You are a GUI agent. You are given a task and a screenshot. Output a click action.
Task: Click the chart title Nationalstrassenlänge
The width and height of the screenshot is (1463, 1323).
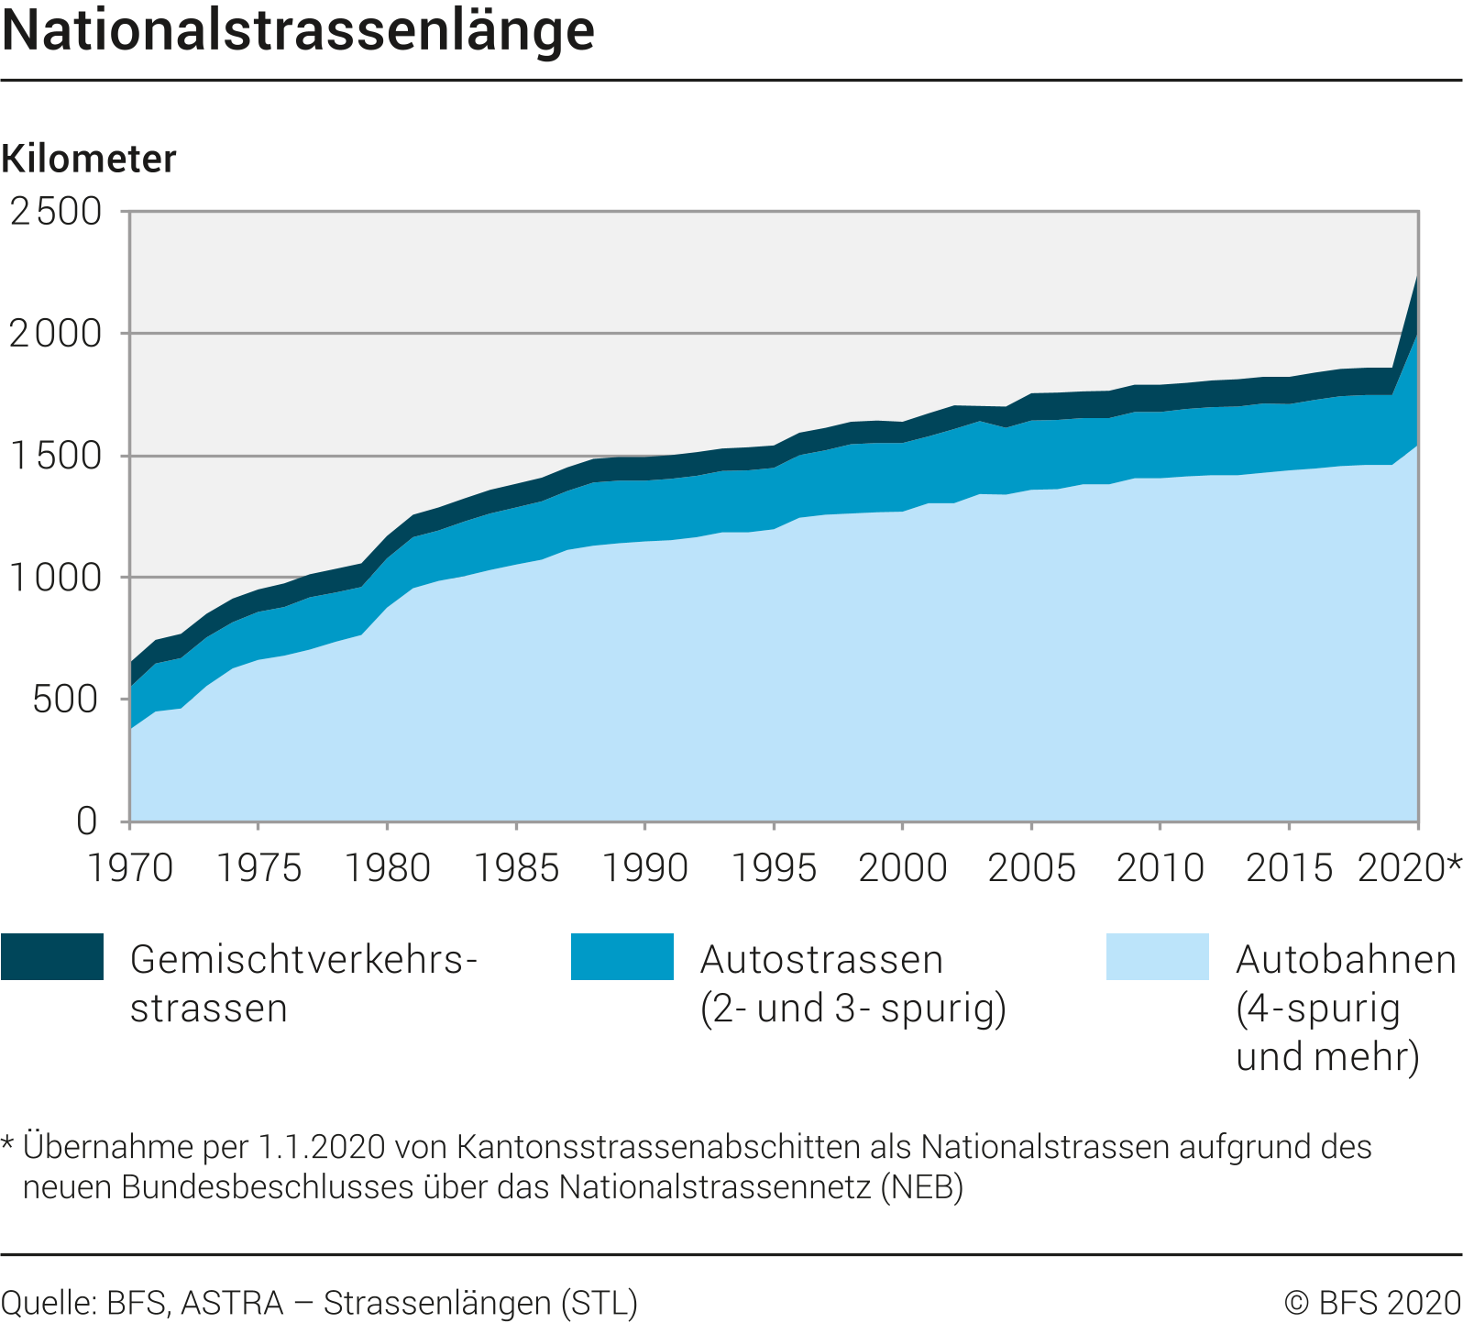299,31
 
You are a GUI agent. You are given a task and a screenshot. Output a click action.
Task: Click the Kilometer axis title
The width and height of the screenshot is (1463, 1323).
89,160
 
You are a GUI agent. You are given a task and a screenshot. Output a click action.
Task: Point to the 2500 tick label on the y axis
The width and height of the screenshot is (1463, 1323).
57,212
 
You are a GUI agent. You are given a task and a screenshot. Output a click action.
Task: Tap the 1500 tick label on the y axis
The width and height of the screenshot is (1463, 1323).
57,456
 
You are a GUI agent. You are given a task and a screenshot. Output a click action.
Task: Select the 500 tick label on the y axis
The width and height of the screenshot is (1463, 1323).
66,700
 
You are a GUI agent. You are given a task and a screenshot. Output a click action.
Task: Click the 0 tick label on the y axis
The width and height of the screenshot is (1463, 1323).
87,821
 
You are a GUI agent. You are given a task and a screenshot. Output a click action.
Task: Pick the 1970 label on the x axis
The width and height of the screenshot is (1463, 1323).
130,867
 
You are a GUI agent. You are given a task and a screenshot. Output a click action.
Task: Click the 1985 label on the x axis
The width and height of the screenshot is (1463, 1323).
517,867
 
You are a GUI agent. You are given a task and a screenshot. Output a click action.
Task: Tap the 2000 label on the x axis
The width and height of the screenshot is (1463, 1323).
903,867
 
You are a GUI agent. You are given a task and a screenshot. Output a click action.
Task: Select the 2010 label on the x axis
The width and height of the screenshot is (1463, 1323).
1160,867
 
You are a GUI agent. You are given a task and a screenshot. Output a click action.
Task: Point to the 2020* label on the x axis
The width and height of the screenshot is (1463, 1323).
1408,867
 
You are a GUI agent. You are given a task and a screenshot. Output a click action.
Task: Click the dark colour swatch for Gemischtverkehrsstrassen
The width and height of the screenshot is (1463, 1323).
52,957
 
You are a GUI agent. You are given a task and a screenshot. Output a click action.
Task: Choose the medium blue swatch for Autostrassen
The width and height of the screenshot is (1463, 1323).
622,957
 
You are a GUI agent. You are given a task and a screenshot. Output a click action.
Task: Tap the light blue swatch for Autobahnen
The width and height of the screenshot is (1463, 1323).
1158,957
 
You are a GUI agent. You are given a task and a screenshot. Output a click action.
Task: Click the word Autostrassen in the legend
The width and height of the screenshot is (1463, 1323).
822,960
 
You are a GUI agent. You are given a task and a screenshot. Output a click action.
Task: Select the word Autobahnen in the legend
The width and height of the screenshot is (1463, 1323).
1346,960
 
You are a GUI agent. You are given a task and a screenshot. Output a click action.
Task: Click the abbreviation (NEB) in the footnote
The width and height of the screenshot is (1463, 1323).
921,1187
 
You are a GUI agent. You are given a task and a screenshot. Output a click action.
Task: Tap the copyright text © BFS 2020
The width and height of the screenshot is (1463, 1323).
1372,1303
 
